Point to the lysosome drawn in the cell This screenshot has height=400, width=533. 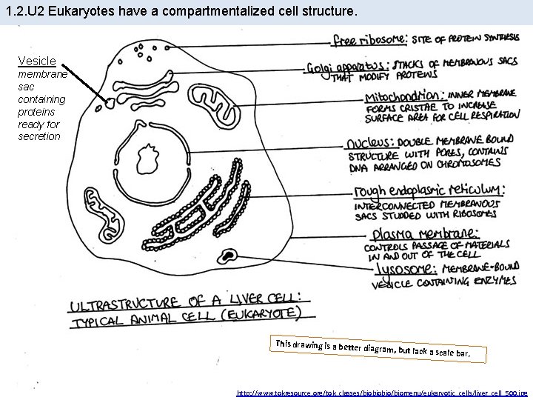pyautogui.click(x=227, y=256)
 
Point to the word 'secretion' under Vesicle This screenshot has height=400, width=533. pyautogui.click(x=39, y=136)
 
